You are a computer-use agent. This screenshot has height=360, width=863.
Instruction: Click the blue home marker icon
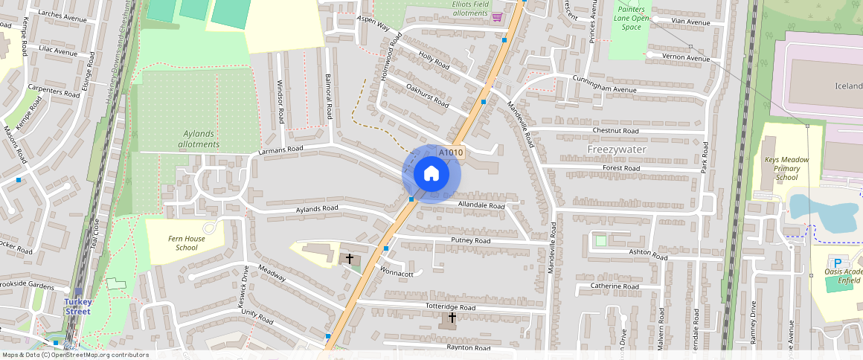point(431,174)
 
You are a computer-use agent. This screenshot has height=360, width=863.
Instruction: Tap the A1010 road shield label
point(451,153)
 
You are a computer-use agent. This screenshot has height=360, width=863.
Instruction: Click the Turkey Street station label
point(77,306)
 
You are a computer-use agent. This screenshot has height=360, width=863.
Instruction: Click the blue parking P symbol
point(838,263)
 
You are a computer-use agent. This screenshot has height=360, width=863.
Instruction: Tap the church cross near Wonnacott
point(350,259)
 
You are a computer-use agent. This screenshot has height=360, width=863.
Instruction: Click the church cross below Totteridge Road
point(451,318)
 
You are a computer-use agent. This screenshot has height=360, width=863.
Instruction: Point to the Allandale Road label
point(481,205)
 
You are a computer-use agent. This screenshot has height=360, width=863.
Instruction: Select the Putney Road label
point(471,241)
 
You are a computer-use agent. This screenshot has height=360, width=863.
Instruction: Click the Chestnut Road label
point(615,131)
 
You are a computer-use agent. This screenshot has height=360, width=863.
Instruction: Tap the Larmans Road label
point(281,150)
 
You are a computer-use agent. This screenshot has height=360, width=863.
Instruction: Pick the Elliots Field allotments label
point(470,8)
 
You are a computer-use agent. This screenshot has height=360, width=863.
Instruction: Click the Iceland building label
point(847,86)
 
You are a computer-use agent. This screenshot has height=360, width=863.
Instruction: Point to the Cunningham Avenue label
point(604,84)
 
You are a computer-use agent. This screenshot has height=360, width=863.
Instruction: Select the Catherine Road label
point(615,286)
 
